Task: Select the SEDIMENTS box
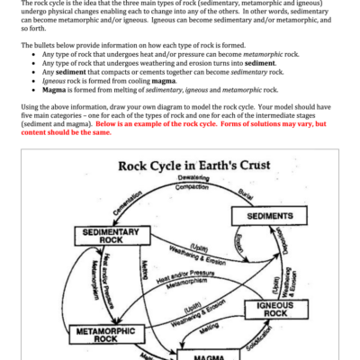click(264, 216)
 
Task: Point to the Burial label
click(248, 192)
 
